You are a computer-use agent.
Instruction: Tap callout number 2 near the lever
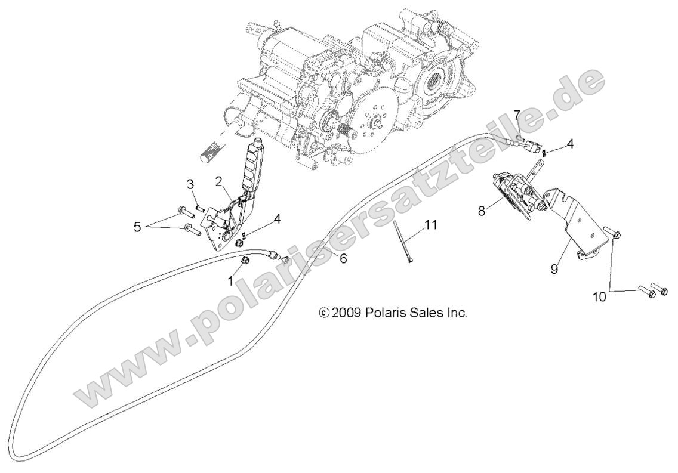(219, 181)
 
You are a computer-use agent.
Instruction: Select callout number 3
(191, 184)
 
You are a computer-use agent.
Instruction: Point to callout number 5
(138, 227)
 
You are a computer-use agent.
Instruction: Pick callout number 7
(517, 116)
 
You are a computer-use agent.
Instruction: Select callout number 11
(431, 225)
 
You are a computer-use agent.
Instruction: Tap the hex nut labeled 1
(245, 261)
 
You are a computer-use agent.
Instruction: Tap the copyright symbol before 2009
(324, 313)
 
